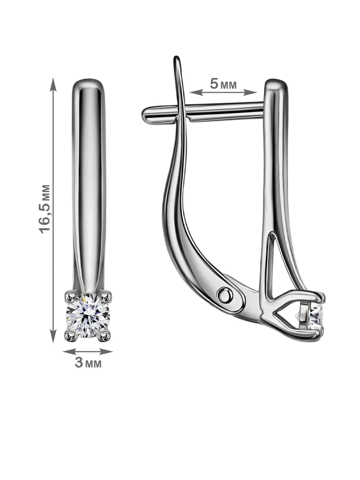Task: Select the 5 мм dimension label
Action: (x=223, y=84)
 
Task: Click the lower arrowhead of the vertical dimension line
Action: (x=53, y=334)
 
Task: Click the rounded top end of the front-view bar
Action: (x=88, y=81)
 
